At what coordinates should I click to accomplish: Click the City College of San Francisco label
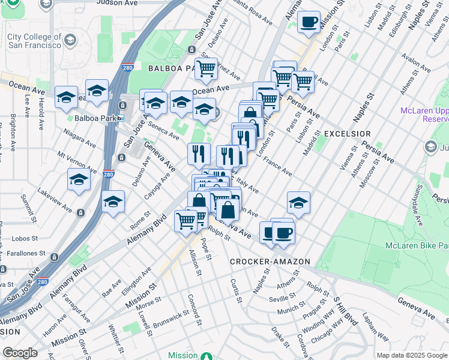34,41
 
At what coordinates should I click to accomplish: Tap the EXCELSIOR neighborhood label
347,133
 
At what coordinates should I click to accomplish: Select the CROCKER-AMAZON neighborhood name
270,262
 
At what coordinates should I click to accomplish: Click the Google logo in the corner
20,353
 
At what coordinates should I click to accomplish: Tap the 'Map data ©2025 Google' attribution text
411,355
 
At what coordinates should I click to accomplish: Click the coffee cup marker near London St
309,23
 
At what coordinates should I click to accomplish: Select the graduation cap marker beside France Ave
298,203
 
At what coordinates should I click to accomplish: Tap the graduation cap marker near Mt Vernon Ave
79,179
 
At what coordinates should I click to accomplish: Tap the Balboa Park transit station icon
121,118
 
